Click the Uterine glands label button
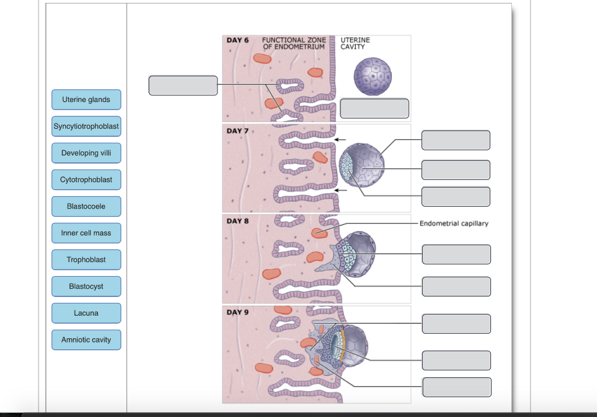(x=86, y=100)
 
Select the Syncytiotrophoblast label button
(x=86, y=126)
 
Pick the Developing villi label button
(x=86, y=153)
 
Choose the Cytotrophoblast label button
(x=86, y=180)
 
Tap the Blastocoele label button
(x=86, y=206)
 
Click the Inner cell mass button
(x=86, y=233)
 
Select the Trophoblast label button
(x=86, y=260)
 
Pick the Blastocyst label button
(x=86, y=287)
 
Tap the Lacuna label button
(x=86, y=313)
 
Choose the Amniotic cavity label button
(x=86, y=340)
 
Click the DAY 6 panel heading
(x=237, y=40)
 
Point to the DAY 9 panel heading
(x=237, y=312)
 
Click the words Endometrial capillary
(x=454, y=224)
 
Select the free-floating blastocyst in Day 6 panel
(x=373, y=76)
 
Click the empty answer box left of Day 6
(x=183, y=85)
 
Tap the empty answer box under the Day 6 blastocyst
(x=374, y=108)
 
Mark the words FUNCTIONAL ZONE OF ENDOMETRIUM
(x=294, y=43)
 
